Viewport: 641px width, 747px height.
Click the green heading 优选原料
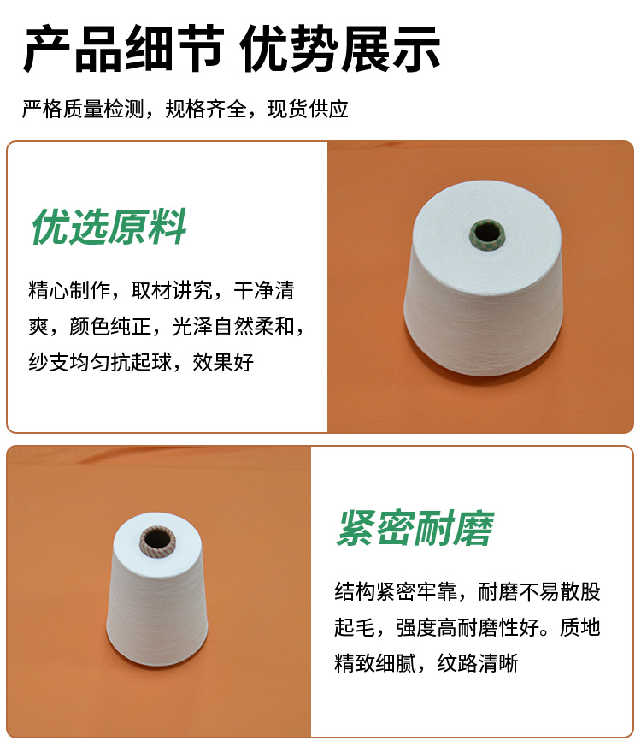(x=109, y=227)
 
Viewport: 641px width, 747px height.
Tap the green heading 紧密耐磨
(x=415, y=528)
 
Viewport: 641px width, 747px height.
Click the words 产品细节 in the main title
(x=123, y=49)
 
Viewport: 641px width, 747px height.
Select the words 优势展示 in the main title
(x=340, y=49)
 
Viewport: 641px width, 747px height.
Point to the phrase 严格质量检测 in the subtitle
(x=83, y=109)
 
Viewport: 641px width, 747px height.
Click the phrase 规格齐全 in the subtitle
(x=206, y=109)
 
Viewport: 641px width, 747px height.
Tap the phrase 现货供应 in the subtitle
(x=308, y=109)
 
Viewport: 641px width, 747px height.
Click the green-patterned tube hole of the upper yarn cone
(x=485, y=234)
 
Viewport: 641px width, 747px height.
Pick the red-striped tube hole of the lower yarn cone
(x=157, y=541)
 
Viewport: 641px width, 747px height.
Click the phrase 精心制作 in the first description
(x=69, y=291)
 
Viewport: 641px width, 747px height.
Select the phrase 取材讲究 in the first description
(x=172, y=291)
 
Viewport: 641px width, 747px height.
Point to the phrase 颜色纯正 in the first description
(x=110, y=327)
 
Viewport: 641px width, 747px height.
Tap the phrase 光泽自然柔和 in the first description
(x=233, y=327)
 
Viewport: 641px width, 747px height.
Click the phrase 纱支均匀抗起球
(x=100, y=363)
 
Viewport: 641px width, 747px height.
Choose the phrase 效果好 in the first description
(x=223, y=363)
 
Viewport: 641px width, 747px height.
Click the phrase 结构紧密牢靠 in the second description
(x=396, y=591)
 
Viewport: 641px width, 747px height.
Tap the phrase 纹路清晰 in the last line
(x=478, y=663)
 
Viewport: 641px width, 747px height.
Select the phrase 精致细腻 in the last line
(x=375, y=663)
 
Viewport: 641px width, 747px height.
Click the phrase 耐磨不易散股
(x=539, y=591)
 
